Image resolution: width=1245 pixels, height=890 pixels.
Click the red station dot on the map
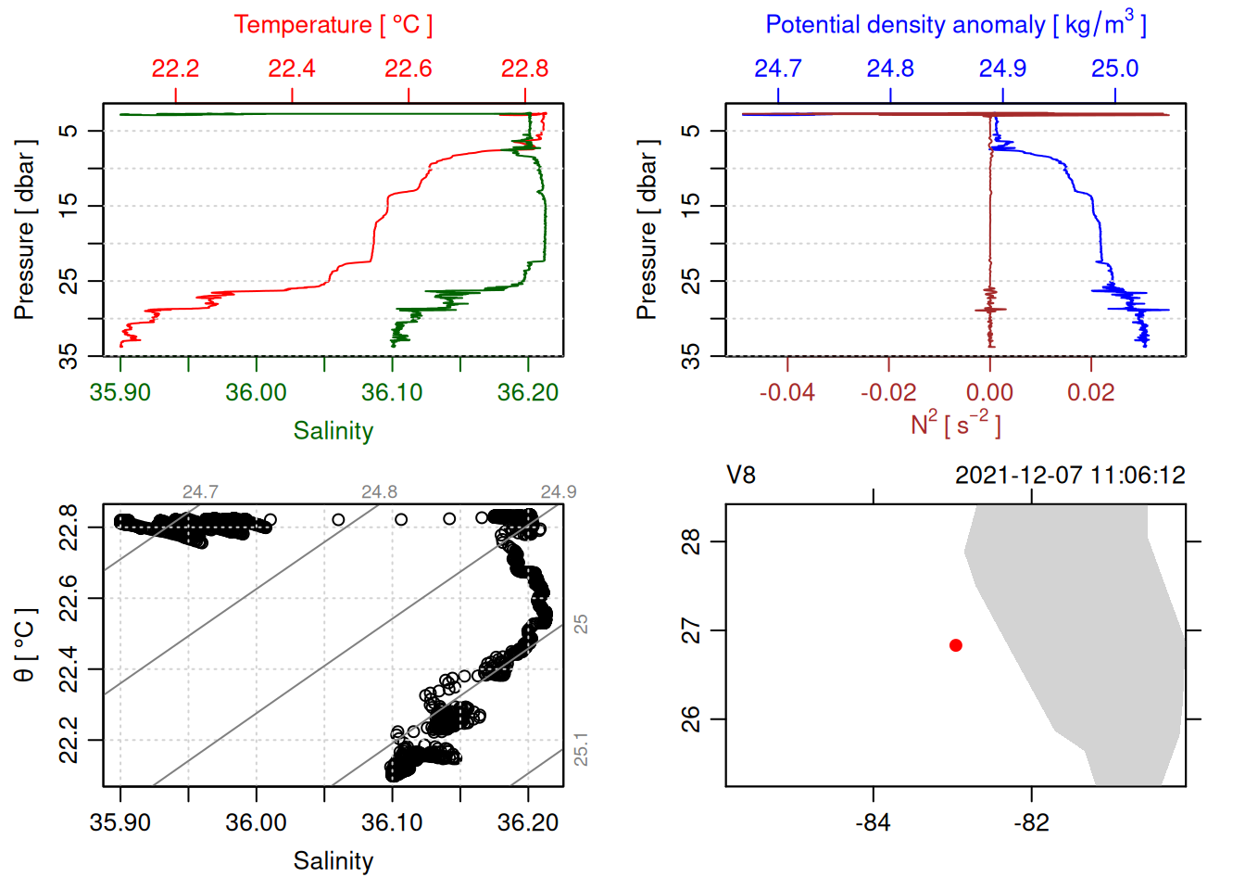click(956, 645)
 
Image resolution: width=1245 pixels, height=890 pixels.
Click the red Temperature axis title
click(333, 25)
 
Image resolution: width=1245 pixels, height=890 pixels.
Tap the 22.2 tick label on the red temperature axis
click(175, 69)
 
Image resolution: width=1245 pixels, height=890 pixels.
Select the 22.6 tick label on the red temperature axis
click(409, 69)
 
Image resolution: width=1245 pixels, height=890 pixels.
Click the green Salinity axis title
click(333, 431)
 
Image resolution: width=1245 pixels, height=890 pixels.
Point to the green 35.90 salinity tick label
click(120, 392)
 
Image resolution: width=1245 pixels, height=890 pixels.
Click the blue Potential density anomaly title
click(955, 25)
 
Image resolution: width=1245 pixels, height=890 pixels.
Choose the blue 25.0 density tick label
click(1114, 69)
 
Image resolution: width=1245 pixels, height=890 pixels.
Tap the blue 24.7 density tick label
click(778, 69)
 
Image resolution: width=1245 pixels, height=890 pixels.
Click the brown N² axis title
click(955, 425)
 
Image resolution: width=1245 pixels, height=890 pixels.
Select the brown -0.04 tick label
click(787, 392)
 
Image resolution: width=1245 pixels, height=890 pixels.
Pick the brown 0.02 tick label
click(1091, 392)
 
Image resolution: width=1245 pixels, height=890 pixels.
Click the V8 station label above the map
click(741, 476)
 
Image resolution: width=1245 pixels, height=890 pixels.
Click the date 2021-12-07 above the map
click(1019, 476)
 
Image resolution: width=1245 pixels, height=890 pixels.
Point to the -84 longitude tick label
click(873, 822)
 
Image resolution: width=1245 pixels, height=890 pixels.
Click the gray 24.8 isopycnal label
click(379, 492)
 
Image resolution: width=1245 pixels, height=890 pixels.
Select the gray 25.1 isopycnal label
click(581, 749)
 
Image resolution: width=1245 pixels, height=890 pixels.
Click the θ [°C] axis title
click(25, 645)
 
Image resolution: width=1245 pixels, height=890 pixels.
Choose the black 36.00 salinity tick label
click(257, 822)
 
